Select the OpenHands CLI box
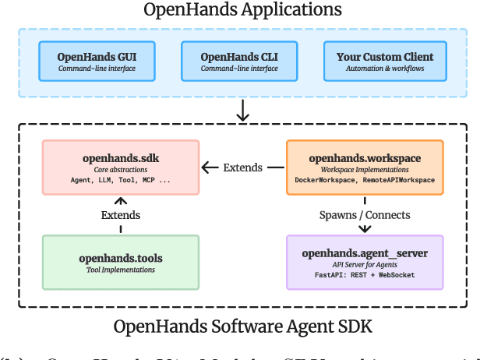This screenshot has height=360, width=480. pyautogui.click(x=238, y=62)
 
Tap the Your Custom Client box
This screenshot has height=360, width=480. pyautogui.click(x=384, y=62)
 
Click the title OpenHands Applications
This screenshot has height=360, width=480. pyautogui.click(x=242, y=10)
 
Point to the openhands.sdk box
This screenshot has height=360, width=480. pyautogui.click(x=120, y=168)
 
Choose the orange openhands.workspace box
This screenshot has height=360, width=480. pyautogui.click(x=365, y=168)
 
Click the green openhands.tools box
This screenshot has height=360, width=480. pyautogui.click(x=120, y=263)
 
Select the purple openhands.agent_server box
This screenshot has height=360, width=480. pyautogui.click(x=365, y=263)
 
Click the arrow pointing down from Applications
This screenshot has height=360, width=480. pyautogui.click(x=242, y=111)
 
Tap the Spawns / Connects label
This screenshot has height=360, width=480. pyautogui.click(x=365, y=214)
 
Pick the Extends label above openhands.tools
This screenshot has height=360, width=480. pyautogui.click(x=120, y=214)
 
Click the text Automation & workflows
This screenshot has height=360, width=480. pyautogui.click(x=385, y=69)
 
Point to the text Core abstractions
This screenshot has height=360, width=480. pyautogui.click(x=121, y=169)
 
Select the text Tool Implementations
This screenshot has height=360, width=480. pyautogui.click(x=121, y=270)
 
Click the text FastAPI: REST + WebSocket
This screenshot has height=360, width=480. pyautogui.click(x=365, y=275)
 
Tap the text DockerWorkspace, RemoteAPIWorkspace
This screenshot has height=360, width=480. pyautogui.click(x=365, y=180)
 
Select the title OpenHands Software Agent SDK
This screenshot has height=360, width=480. pyautogui.click(x=242, y=326)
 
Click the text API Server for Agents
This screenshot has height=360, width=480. pyautogui.click(x=365, y=264)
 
